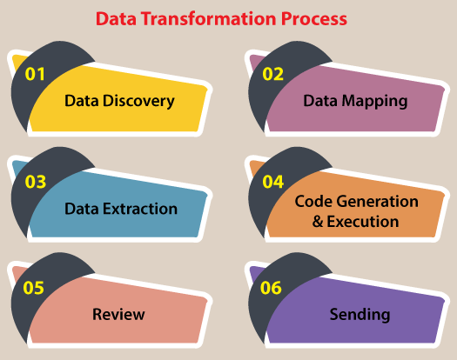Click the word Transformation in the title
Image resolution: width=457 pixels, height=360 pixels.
coord(209,19)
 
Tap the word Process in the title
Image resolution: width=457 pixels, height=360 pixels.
coord(314,19)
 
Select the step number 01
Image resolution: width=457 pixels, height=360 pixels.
coord(35,74)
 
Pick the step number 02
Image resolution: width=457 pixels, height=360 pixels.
coord(272,74)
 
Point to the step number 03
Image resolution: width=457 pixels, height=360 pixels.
coord(36,182)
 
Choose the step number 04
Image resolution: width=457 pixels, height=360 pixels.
coord(273,182)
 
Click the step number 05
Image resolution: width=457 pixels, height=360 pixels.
coord(34,288)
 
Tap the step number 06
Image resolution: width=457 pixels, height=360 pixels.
coord(271,288)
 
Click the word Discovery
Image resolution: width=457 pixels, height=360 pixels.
coord(138,102)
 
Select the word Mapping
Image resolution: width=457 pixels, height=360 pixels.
coord(374,102)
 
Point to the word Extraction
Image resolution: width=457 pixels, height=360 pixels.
coord(140,209)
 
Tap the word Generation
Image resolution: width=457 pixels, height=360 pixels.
coord(379,201)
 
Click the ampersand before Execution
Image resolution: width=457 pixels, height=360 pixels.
coord(318,222)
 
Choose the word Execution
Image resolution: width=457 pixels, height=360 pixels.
coord(363,222)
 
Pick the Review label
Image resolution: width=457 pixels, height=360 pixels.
coord(118,315)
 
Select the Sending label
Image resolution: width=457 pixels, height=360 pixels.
coord(360,315)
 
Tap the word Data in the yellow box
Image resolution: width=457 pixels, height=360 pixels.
coord(82,101)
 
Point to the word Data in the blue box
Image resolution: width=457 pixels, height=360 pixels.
coord(82,209)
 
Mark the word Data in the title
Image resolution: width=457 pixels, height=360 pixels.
coord(117,19)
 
